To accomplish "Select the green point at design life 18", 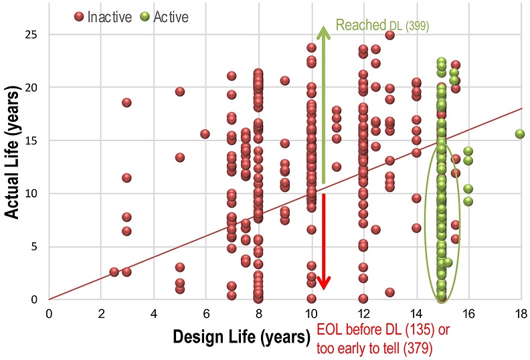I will [520, 134].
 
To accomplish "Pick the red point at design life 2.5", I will [114, 272].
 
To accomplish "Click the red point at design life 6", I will [205, 134].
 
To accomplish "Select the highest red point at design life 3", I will [126, 102].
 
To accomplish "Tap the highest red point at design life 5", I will [179, 92].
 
